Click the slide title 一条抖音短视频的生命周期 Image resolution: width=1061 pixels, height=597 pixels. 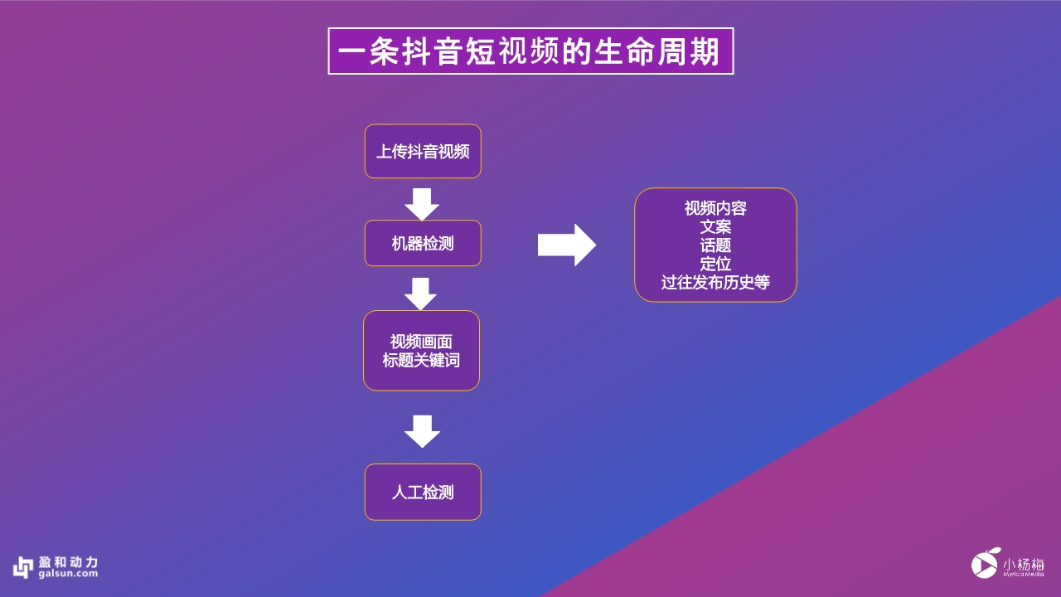point(530,51)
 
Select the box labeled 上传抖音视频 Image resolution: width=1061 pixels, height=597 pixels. point(423,152)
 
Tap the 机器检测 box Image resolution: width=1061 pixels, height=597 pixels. point(423,244)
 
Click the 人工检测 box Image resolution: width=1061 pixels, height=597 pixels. point(423,493)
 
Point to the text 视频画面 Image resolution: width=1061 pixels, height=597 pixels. point(422,342)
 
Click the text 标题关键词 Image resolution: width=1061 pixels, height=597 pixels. point(422,361)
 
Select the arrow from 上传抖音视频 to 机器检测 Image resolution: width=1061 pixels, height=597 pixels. point(422,204)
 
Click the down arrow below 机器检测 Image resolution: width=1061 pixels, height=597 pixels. point(422,294)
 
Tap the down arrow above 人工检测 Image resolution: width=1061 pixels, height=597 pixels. point(422,430)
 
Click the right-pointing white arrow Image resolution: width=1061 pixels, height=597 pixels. point(567,245)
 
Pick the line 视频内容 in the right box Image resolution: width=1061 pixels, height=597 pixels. point(715,208)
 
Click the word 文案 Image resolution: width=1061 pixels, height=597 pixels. point(715,226)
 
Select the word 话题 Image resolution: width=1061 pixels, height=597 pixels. point(715,245)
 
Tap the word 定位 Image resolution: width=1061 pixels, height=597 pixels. point(715,264)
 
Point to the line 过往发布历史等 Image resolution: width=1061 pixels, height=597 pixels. point(715,283)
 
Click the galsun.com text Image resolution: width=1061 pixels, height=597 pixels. point(68,574)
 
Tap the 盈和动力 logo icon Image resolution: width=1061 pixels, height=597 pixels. point(22,566)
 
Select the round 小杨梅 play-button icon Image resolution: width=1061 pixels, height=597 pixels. point(986,564)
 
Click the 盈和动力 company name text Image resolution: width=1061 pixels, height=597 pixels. point(68,561)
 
